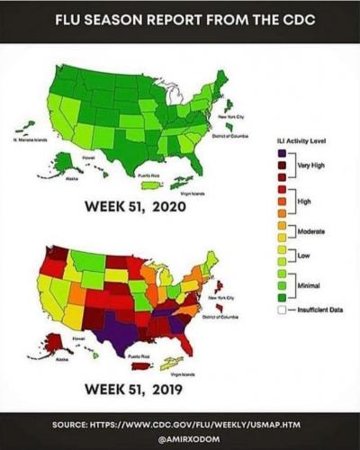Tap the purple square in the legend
(x=282, y=153)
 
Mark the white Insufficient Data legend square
(x=282, y=310)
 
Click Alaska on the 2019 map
(x=56, y=344)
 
